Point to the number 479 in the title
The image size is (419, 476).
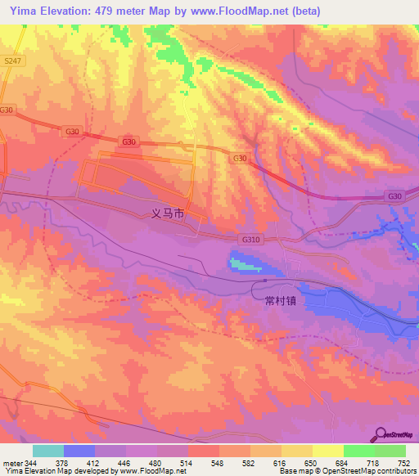click(104, 11)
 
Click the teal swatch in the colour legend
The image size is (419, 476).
click(48, 451)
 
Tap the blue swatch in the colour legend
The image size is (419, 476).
click(79, 451)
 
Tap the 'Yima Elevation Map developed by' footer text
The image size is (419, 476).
click(58, 471)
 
